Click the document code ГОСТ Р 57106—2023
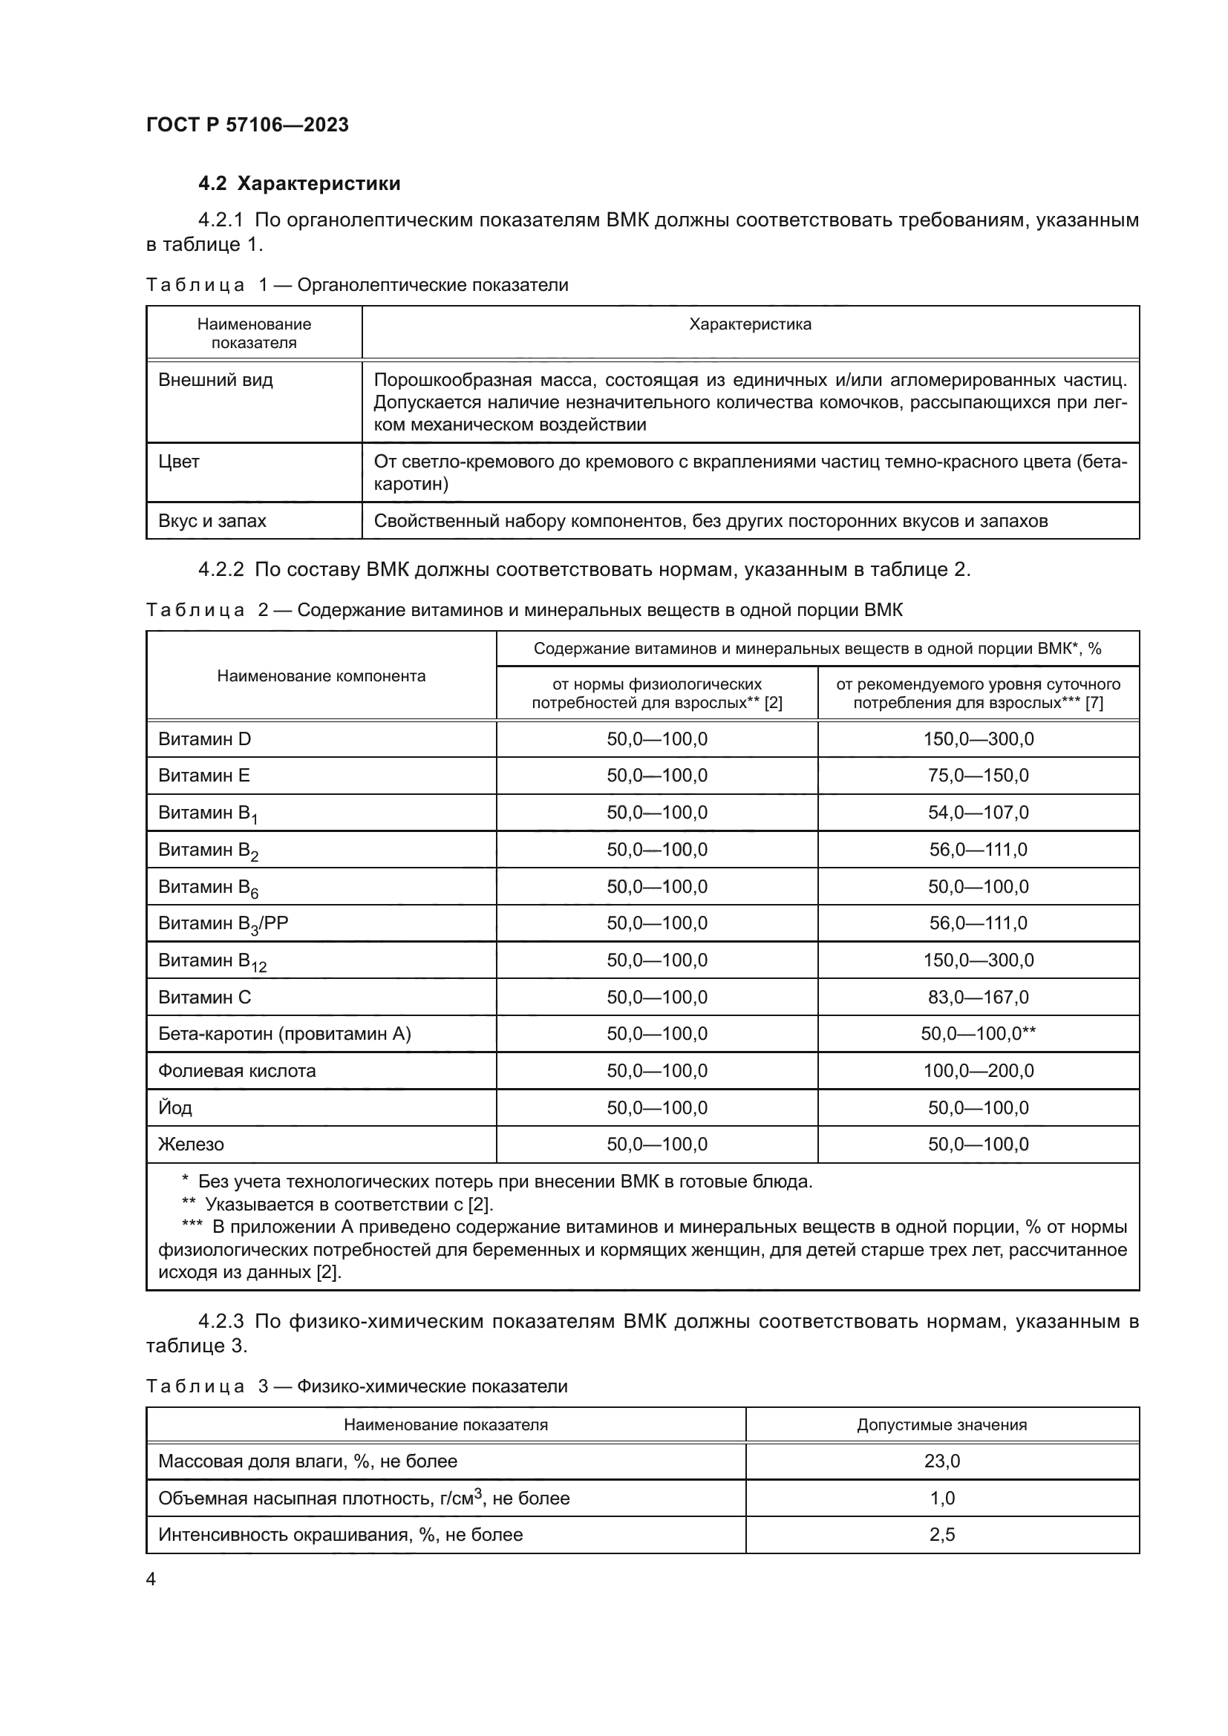pyautogui.click(x=247, y=125)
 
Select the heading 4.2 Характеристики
pyautogui.click(x=299, y=184)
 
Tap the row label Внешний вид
pyautogui.click(x=215, y=379)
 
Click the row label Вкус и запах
pyautogui.click(x=212, y=521)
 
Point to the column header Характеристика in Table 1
pyautogui.click(x=750, y=324)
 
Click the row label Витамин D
pyautogui.click(x=204, y=738)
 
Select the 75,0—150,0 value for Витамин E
pyautogui.click(x=978, y=776)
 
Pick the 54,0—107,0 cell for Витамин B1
pyautogui.click(x=978, y=813)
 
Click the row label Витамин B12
pyautogui.click(x=212, y=961)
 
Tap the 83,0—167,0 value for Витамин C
pyautogui.click(x=978, y=998)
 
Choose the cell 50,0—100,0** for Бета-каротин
pyautogui.click(x=978, y=1034)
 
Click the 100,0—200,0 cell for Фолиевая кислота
pyautogui.click(x=978, y=1071)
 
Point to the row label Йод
pyautogui.click(x=174, y=1108)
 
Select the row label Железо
pyautogui.click(x=191, y=1144)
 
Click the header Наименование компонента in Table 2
pyautogui.click(x=321, y=676)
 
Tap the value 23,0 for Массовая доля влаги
pyautogui.click(x=941, y=1461)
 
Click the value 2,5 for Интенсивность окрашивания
pyautogui.click(x=941, y=1534)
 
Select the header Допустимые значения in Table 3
pyautogui.click(x=941, y=1424)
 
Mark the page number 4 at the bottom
pyautogui.click(x=151, y=1579)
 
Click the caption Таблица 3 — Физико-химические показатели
pyautogui.click(x=356, y=1386)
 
